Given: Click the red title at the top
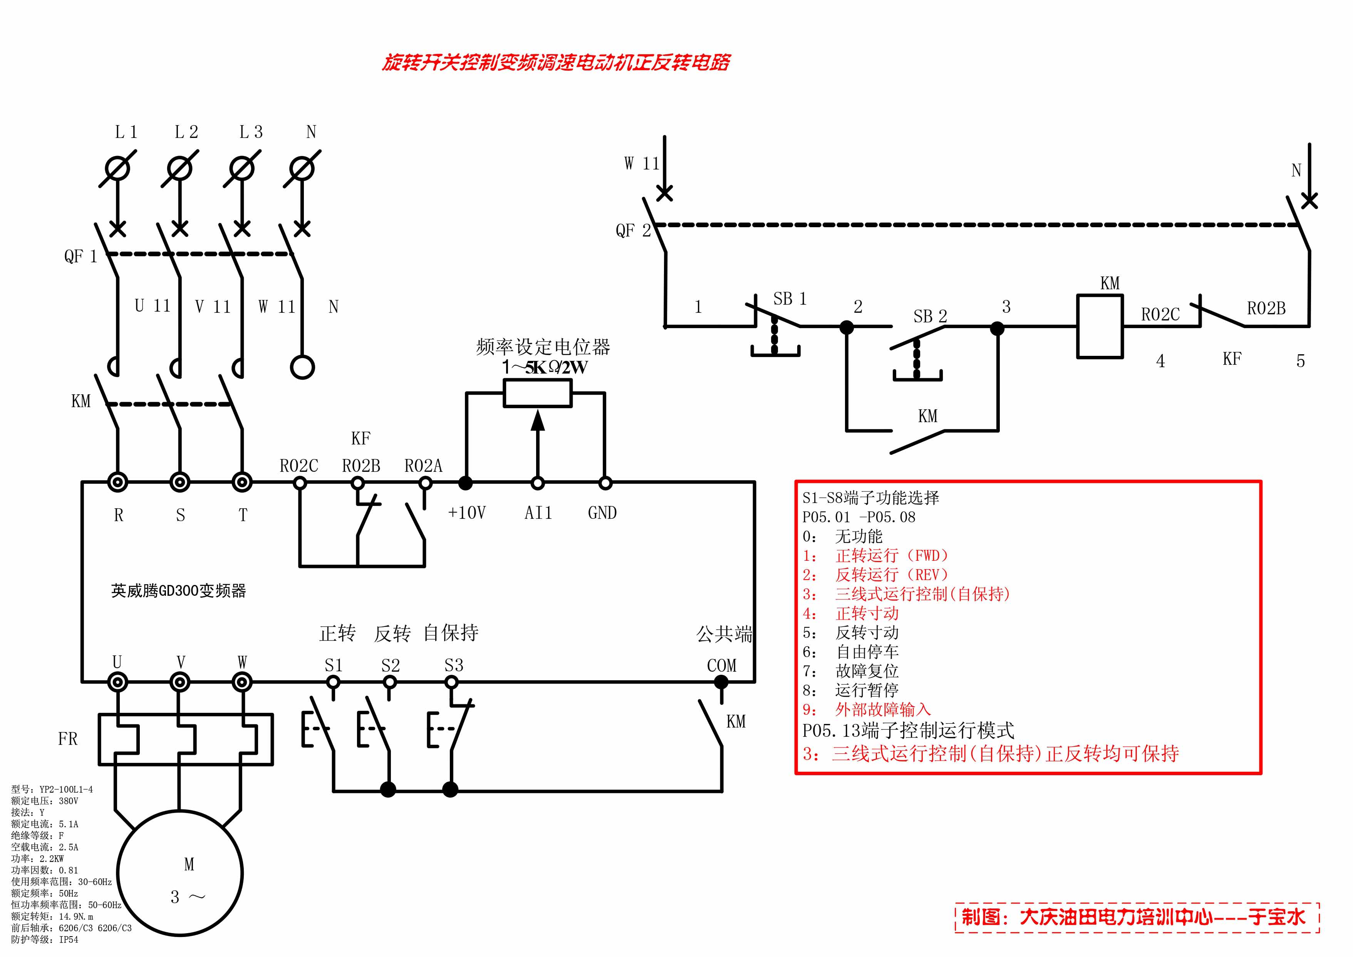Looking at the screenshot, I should pos(556,62).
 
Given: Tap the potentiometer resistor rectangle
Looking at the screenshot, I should pos(537,393).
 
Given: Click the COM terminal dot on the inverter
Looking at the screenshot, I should pos(721,682).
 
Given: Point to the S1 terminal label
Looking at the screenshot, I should pos(334,665).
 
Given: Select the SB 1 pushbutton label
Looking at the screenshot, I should pos(790,299).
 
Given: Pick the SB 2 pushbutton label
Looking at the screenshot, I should pos(930,317).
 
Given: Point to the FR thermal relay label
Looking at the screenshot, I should pos(68,739).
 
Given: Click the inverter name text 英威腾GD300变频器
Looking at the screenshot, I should pos(179,591).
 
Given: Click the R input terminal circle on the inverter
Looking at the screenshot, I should pos(118,483).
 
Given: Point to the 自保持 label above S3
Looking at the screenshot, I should pos(451,633).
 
